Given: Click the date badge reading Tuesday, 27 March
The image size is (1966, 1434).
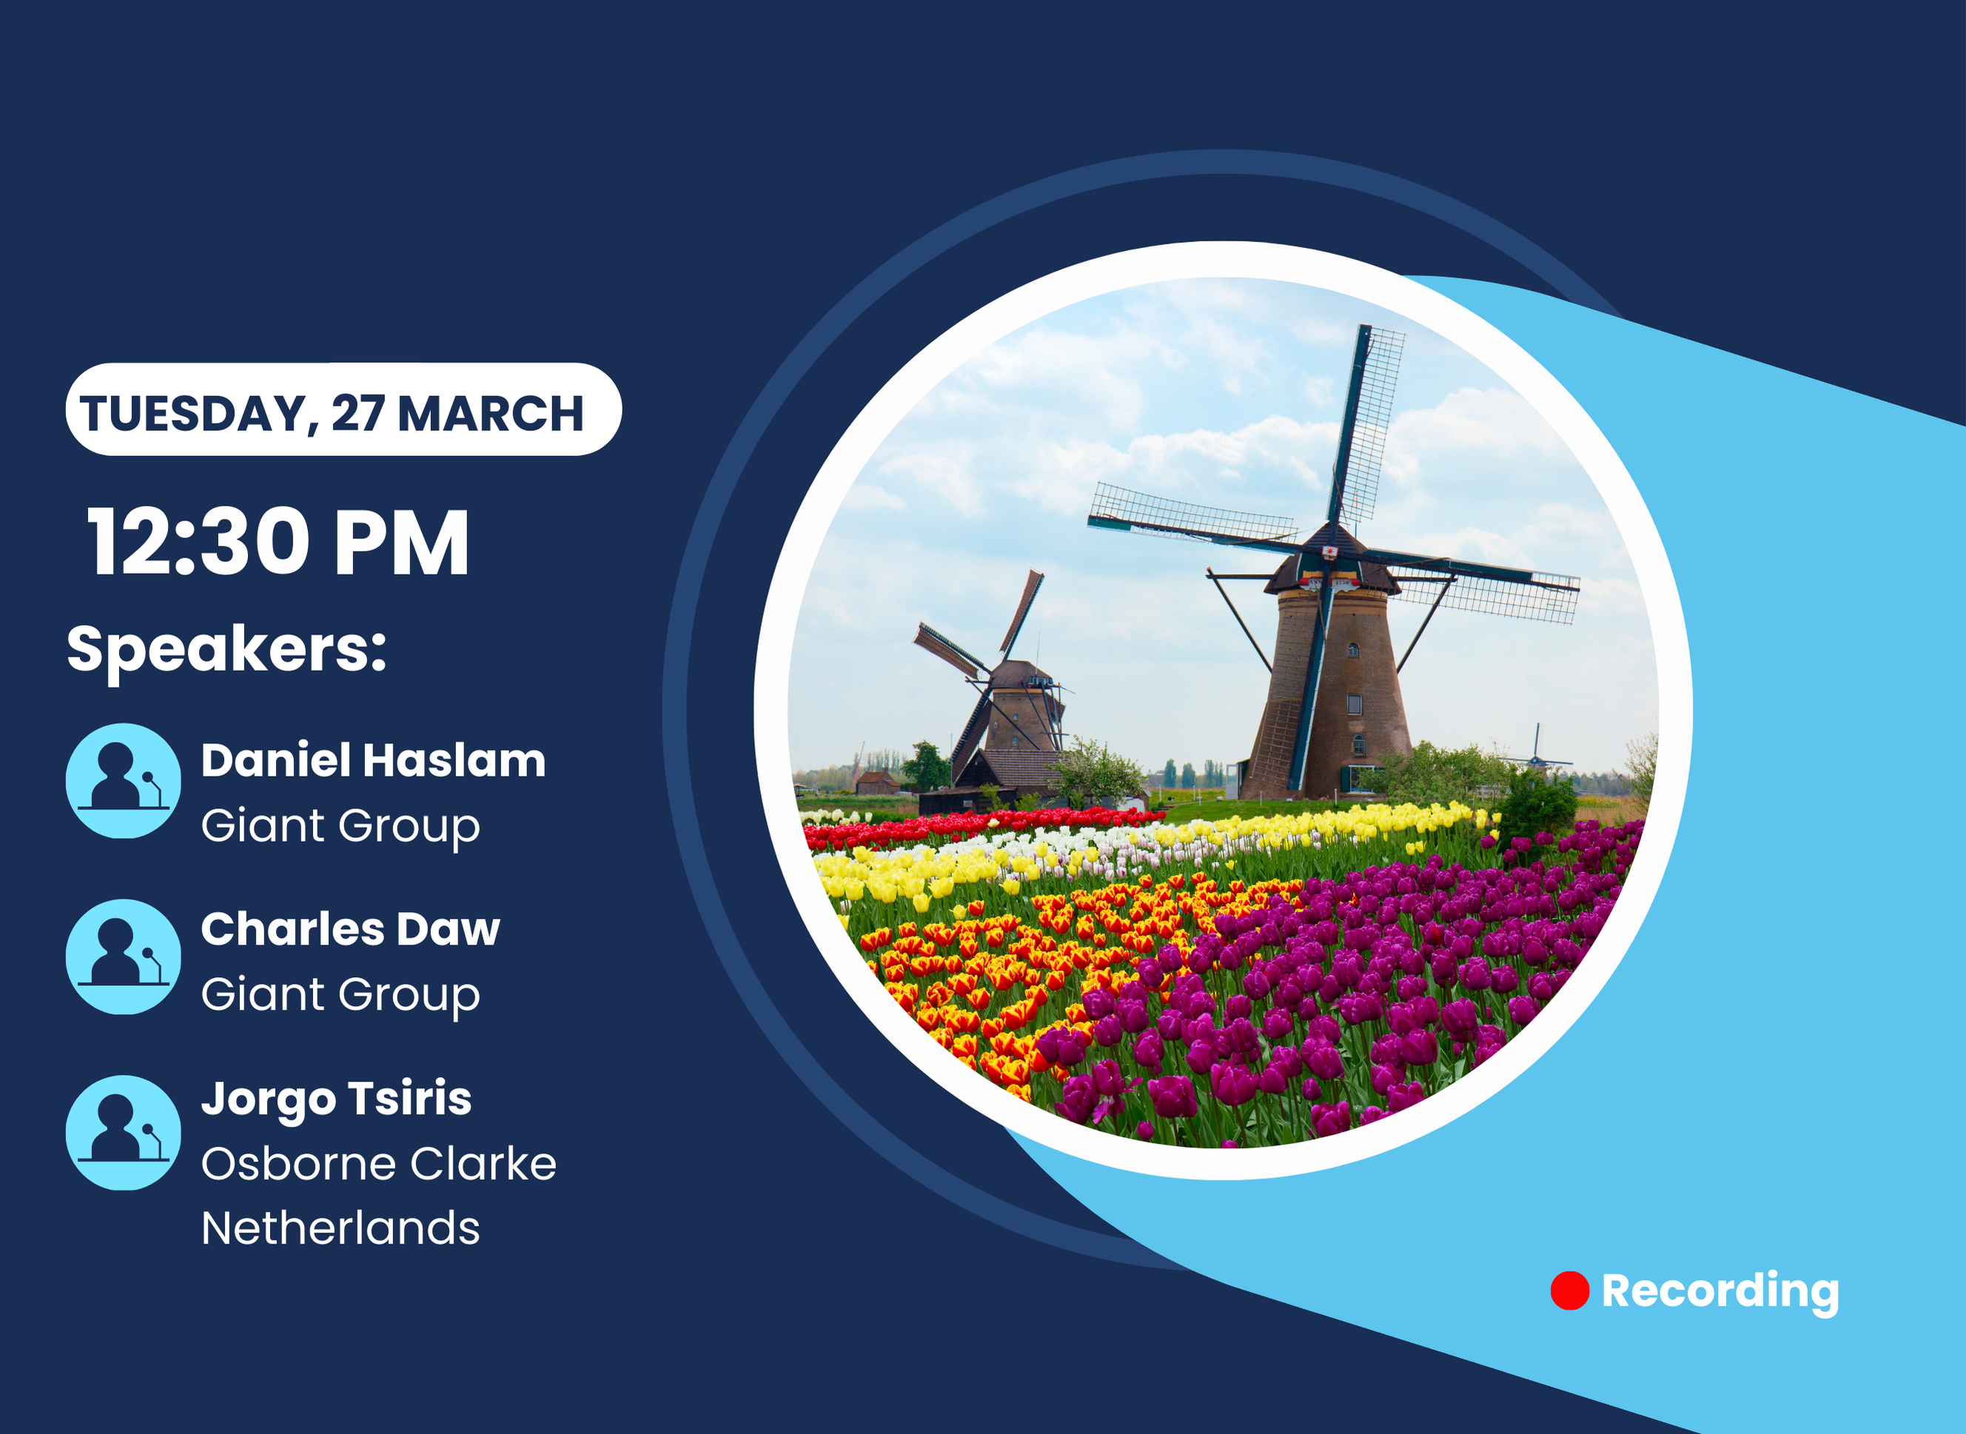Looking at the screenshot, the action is (343, 409).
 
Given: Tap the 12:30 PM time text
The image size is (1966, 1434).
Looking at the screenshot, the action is (278, 543).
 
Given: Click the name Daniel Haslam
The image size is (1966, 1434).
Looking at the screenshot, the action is (373, 760).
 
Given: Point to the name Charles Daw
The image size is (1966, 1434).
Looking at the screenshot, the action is (351, 929).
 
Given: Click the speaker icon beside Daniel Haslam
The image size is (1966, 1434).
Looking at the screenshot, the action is (124, 780).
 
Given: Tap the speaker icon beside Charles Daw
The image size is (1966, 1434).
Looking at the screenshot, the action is (124, 956).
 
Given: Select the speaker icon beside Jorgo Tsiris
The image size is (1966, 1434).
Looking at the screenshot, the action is (124, 1133).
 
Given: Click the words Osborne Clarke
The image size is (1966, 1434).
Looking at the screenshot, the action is (378, 1163).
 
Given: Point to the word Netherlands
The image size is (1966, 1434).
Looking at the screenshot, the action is (340, 1228).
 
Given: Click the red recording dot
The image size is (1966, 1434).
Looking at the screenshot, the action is (1569, 1291).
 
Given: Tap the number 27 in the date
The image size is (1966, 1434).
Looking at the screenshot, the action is (358, 413).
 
